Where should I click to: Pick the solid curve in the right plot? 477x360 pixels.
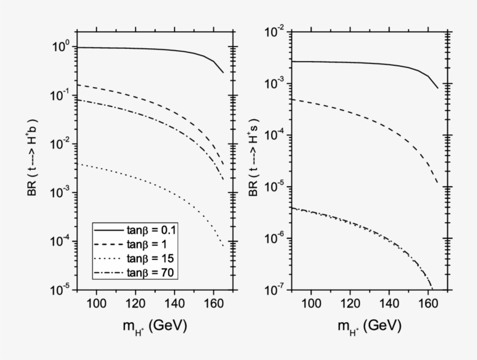349,62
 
